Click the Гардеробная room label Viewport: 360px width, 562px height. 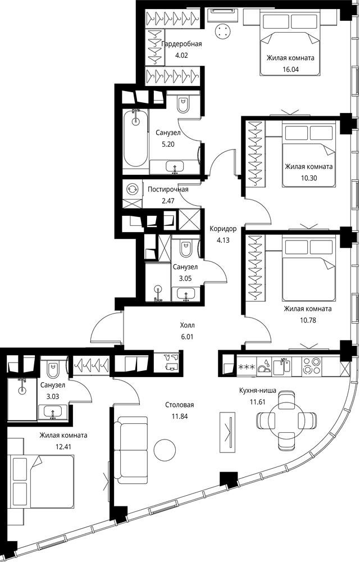[x=181, y=44]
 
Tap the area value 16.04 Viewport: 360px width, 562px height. [x=290, y=69]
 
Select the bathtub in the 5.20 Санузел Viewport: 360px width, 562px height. [x=135, y=138]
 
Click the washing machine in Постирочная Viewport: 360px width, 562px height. [x=132, y=189]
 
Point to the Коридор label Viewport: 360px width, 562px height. [x=223, y=229]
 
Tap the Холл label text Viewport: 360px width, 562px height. [x=188, y=325]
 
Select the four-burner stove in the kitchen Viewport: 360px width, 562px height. [x=312, y=366]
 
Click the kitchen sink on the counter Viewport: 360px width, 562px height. [x=282, y=366]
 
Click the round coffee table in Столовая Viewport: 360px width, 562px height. [x=165, y=450]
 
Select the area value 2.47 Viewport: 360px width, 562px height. [x=168, y=201]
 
